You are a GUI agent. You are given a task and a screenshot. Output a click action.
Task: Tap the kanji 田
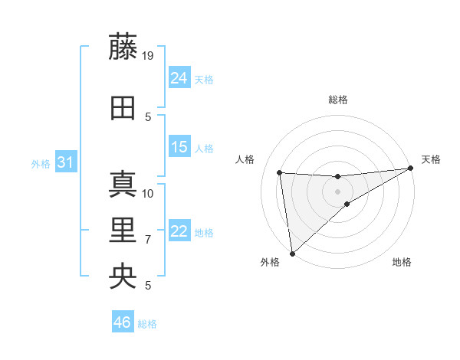click(x=123, y=108)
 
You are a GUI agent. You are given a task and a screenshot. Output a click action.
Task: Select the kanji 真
click(x=123, y=184)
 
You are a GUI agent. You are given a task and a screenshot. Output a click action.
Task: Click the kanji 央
click(x=123, y=277)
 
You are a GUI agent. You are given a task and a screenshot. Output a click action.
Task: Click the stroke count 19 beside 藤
click(x=149, y=55)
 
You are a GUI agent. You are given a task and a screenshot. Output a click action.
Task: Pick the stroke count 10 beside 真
click(x=149, y=193)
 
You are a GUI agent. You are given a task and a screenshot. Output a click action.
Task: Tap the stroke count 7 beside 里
click(x=148, y=240)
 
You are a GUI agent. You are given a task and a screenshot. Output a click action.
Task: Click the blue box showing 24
click(x=179, y=77)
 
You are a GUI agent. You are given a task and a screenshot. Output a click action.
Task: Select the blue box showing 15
click(x=179, y=147)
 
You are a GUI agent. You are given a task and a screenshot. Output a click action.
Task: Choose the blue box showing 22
click(x=179, y=231)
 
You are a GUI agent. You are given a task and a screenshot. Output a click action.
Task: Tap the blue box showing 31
click(x=65, y=162)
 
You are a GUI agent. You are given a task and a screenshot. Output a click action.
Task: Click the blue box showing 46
click(x=122, y=322)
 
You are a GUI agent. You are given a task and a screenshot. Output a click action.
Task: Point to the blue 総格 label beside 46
click(x=147, y=324)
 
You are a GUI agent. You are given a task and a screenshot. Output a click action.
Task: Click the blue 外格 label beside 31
click(x=40, y=164)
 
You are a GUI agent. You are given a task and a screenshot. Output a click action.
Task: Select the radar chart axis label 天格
click(x=432, y=159)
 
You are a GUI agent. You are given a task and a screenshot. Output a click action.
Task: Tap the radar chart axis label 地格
click(x=402, y=262)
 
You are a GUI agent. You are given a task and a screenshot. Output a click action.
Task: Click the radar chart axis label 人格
click(x=245, y=159)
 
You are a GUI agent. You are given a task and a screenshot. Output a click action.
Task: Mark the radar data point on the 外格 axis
click(x=291, y=253)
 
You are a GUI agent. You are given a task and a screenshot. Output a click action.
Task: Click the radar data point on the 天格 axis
click(x=410, y=169)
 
